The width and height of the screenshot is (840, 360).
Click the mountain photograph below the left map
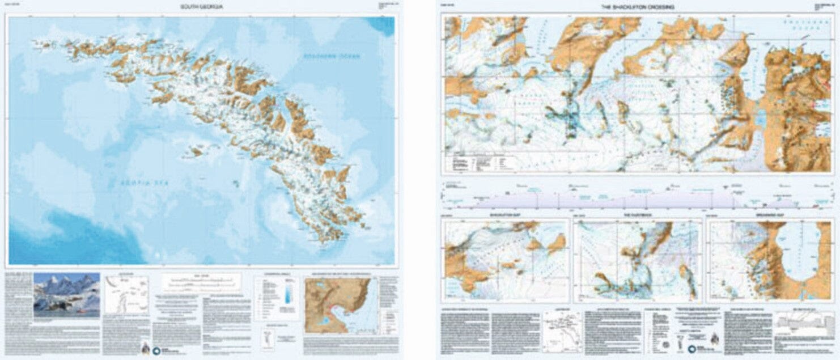[x=66, y=294]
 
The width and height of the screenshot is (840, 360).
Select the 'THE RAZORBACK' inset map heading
[x=637, y=217]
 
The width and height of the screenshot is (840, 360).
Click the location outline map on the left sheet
[x=126, y=295]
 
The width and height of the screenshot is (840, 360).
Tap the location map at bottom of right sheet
[x=561, y=331]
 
